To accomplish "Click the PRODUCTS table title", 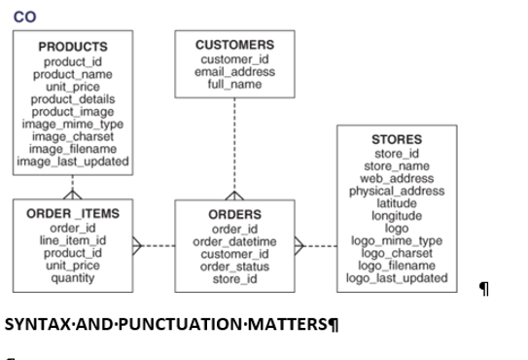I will click(x=73, y=46).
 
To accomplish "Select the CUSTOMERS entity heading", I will click(x=234, y=45).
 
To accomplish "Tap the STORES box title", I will click(x=397, y=139).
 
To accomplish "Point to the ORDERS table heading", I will click(x=234, y=214).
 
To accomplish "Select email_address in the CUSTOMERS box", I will click(x=234, y=71).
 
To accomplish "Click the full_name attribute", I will click(x=234, y=84).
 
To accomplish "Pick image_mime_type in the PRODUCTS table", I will click(x=73, y=124).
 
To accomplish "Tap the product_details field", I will click(x=73, y=98).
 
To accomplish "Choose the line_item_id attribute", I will click(x=73, y=240).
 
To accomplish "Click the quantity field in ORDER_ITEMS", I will click(x=73, y=278).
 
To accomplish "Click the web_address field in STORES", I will click(x=397, y=178).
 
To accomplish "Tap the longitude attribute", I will click(x=397, y=216).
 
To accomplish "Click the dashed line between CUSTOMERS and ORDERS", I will click(x=234, y=146).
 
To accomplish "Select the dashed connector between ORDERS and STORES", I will click(x=319, y=246).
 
